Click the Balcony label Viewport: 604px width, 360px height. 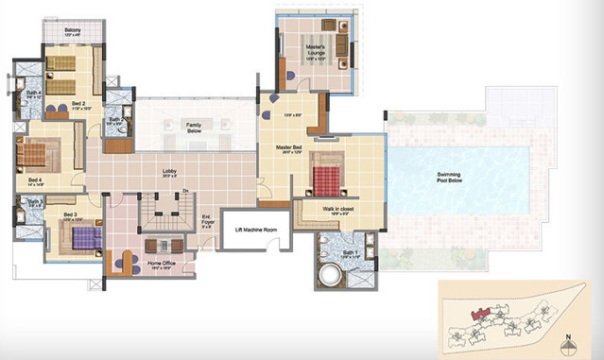click(x=72, y=31)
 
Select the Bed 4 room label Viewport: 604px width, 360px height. click(x=35, y=180)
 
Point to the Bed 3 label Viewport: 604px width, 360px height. click(x=70, y=214)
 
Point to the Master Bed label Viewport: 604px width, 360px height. click(x=288, y=148)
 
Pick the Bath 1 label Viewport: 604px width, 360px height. click(x=349, y=253)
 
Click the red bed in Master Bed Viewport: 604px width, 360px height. click(x=327, y=177)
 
